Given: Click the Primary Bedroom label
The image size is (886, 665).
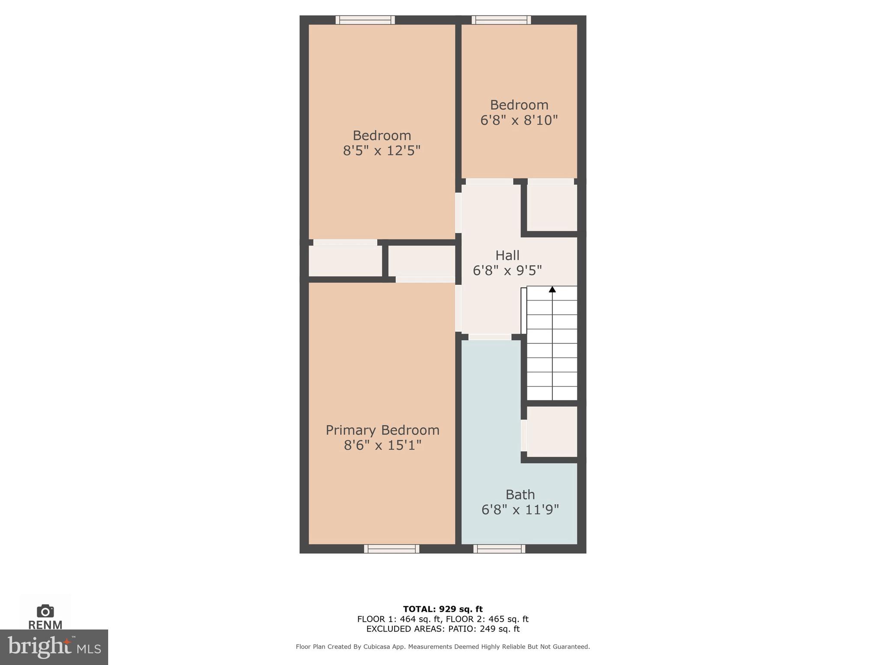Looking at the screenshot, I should tap(382, 430).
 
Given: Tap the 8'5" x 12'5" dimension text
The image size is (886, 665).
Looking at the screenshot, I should tap(382, 151).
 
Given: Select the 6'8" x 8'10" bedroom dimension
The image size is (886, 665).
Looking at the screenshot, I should tap(519, 120).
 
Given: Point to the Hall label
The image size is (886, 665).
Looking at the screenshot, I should tap(507, 255).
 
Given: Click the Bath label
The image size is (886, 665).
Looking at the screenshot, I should tap(520, 494).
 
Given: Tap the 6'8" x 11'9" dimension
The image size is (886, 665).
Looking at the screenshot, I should tap(520, 510).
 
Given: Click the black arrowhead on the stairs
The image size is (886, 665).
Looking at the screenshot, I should tap(552, 289).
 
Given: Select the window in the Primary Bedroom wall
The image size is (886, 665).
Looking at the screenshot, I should tap(392, 549).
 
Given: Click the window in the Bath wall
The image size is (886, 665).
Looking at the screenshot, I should tap(499, 549).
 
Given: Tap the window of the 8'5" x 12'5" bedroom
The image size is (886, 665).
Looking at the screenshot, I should tap(365, 20).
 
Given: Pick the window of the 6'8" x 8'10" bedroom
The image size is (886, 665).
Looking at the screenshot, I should tap(501, 20).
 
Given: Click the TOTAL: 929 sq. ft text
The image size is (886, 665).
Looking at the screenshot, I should tap(443, 609).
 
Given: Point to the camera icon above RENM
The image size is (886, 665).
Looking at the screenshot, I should tap(45, 611).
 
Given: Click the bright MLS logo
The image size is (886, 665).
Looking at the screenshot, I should tap(54, 647).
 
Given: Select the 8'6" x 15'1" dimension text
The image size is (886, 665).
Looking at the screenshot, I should tap(382, 445).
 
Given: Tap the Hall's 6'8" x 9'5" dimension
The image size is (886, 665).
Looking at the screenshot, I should tap(507, 271).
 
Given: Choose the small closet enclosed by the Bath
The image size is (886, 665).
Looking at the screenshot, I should tap(552, 431).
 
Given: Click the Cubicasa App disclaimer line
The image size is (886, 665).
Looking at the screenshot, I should tap(443, 646).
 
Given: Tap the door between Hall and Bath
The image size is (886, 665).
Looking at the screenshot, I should tap(490, 337).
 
